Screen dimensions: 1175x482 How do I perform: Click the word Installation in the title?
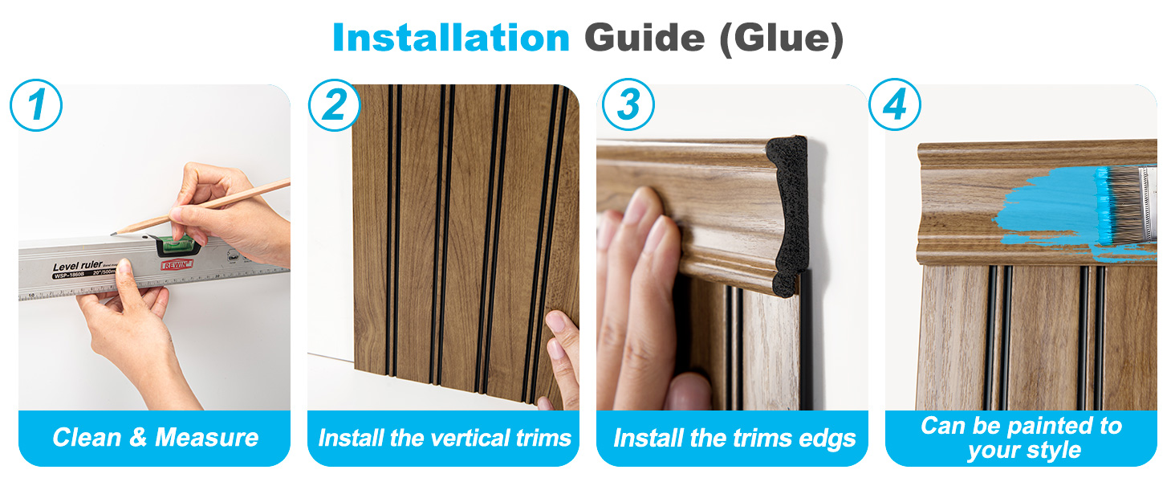click(x=451, y=38)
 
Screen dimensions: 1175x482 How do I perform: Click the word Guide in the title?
click(x=644, y=38)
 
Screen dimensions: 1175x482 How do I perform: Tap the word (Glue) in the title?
click(x=782, y=39)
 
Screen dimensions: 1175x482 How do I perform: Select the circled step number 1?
click(x=36, y=105)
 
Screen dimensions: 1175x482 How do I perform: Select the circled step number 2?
click(x=334, y=105)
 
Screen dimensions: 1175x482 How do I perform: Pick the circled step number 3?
click(x=628, y=104)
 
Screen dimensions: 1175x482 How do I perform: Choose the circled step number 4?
click(x=894, y=104)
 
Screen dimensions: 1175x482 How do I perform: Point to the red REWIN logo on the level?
click(x=177, y=265)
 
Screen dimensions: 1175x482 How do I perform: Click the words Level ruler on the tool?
click(x=77, y=266)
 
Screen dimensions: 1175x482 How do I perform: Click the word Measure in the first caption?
click(x=207, y=437)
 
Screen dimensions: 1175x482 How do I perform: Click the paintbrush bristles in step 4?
click(x=1123, y=205)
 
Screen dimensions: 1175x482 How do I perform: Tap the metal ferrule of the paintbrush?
click(x=1149, y=204)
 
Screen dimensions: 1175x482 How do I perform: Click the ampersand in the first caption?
click(x=138, y=437)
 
